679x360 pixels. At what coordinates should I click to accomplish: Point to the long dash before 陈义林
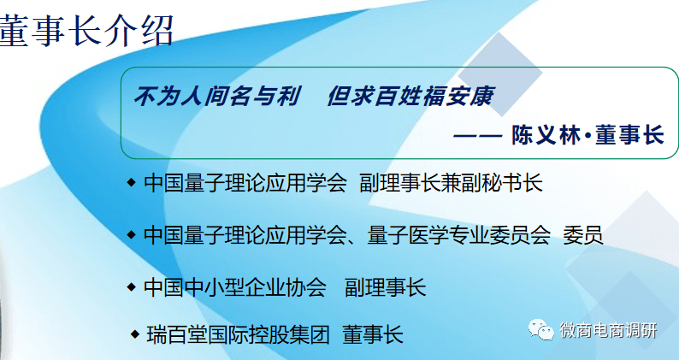pyautogui.click(x=479, y=135)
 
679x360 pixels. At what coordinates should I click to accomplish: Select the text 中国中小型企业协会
pyautogui.click(x=235, y=286)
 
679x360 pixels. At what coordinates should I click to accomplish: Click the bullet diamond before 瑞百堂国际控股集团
pyautogui.click(x=134, y=333)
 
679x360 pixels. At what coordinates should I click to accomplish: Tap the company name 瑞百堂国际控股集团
pyautogui.click(x=238, y=333)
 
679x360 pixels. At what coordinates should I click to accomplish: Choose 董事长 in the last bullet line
pyautogui.click(x=372, y=333)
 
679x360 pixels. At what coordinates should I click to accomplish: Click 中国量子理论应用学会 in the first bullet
pyautogui.click(x=245, y=183)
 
